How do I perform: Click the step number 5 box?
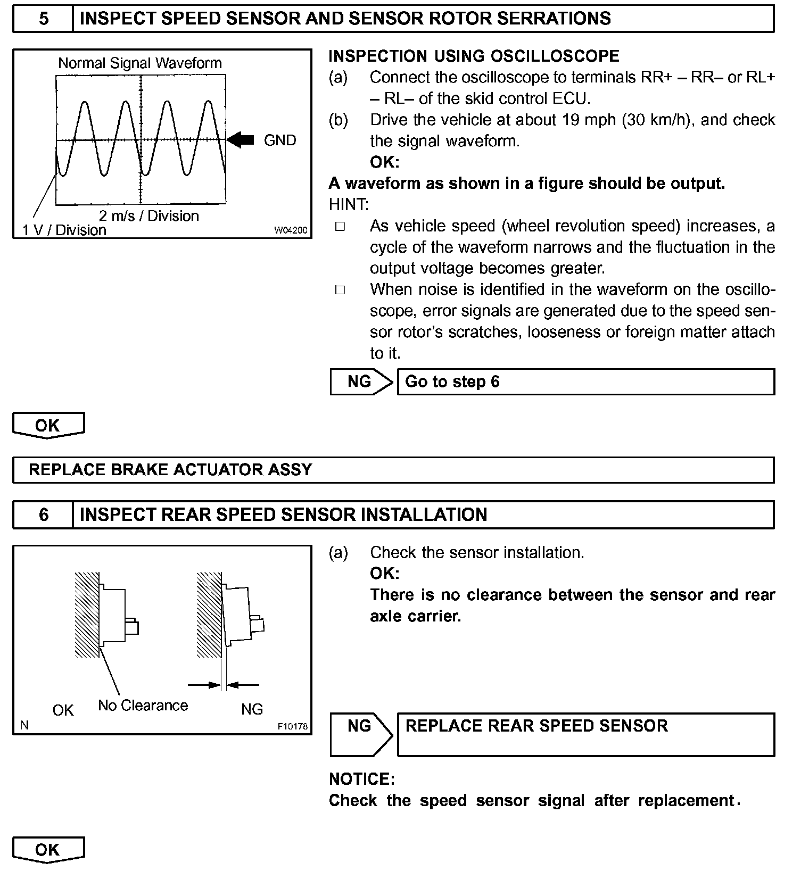[43, 19]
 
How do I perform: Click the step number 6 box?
[43, 515]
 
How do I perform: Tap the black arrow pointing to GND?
[241, 140]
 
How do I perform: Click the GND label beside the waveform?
[280, 140]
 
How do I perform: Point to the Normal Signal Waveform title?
[139, 63]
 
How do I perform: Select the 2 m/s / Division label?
[148, 216]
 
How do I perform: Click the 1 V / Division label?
[64, 230]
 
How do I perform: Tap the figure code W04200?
[291, 230]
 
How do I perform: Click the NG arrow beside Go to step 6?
[361, 381]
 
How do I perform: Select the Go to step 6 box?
[585, 381]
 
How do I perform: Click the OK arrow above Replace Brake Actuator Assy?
[48, 426]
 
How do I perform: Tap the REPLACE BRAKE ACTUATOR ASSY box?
[393, 470]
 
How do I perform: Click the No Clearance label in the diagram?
[143, 706]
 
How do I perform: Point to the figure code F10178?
[292, 726]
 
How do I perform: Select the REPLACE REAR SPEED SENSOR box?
[585, 734]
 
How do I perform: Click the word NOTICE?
[362, 779]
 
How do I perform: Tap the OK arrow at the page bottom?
[48, 850]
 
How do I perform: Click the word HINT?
[349, 205]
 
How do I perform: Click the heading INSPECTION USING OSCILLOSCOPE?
[474, 56]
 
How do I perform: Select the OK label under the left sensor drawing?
[63, 710]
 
